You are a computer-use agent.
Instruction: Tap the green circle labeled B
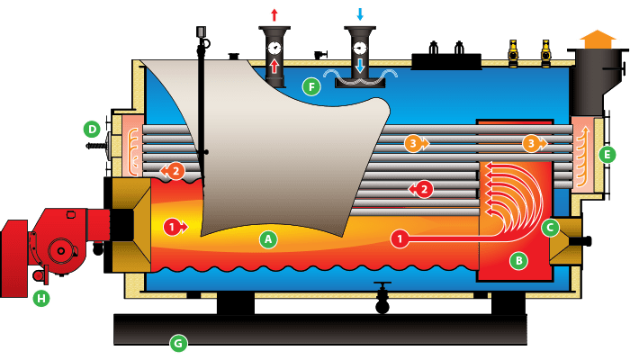517,261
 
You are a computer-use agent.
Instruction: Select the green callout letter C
551,228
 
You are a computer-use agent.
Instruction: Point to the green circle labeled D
92,129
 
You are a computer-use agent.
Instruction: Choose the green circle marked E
607,154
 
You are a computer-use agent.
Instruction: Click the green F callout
311,86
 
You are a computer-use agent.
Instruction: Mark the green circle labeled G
178,342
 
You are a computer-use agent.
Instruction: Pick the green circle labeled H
40,298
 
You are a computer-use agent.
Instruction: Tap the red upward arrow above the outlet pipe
274,13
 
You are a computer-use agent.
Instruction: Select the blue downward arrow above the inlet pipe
360,13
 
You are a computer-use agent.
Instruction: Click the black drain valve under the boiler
382,301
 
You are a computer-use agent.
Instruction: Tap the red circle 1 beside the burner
172,226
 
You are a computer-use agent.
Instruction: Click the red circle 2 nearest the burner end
175,170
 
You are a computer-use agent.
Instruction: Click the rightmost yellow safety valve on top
545,53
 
